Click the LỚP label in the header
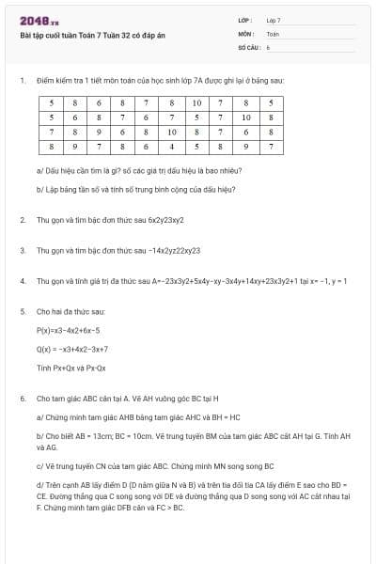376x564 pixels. point(245,19)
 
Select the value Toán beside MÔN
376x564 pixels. point(273,33)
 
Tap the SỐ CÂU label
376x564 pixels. point(248,46)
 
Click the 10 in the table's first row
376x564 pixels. point(196,102)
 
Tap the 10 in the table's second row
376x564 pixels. point(245,117)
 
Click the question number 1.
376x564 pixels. point(22,80)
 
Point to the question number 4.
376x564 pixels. point(22,280)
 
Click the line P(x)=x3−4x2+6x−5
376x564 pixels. point(69,330)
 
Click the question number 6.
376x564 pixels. point(22,398)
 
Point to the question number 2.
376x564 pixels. point(22,219)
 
